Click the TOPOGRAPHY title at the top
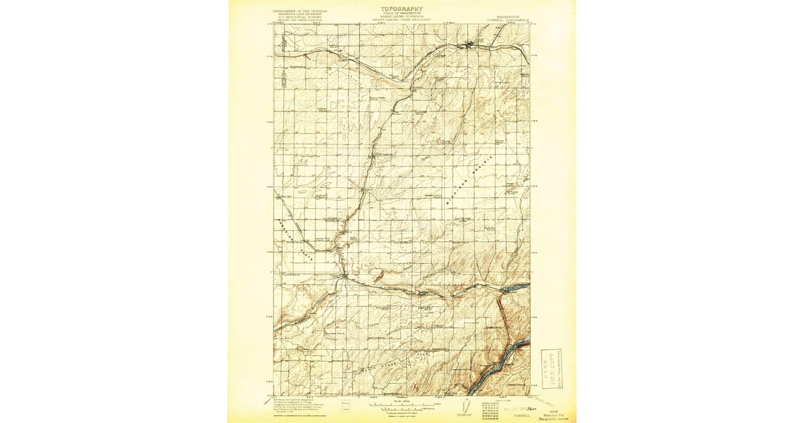pyautogui.click(x=402, y=9)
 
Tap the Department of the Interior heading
pyautogui.click(x=300, y=12)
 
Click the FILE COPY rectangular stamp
pyautogui.click(x=552, y=367)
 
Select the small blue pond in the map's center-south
pyautogui.click(x=421, y=293)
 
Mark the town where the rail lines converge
pyautogui.click(x=344, y=275)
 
